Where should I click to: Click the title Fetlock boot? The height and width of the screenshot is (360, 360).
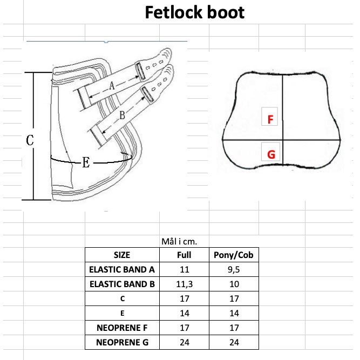click(x=195, y=12)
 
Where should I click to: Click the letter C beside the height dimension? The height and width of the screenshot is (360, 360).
click(x=30, y=140)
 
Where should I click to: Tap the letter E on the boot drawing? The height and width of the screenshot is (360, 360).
click(x=86, y=162)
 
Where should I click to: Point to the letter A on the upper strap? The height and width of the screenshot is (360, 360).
click(x=112, y=86)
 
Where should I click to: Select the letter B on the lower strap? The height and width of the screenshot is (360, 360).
click(x=122, y=115)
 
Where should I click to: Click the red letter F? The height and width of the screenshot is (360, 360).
click(x=270, y=119)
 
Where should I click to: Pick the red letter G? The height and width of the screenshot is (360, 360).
click(x=271, y=154)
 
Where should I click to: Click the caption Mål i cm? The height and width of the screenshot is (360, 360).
click(x=179, y=242)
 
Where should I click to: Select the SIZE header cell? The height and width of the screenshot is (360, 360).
click(x=122, y=255)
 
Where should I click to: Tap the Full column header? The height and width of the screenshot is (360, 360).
click(x=184, y=255)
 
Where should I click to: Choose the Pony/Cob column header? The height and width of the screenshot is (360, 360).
click(x=234, y=255)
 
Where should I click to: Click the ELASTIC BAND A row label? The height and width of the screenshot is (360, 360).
click(x=122, y=269)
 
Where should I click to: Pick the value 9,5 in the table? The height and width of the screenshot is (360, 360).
click(x=234, y=270)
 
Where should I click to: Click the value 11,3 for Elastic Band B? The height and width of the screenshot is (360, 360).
click(x=185, y=284)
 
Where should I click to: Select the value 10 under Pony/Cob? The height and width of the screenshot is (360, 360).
click(x=234, y=284)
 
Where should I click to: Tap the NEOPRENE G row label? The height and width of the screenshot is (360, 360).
click(x=123, y=342)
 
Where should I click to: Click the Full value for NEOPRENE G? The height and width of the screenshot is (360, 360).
click(x=185, y=342)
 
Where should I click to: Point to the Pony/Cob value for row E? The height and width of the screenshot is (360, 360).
click(x=234, y=313)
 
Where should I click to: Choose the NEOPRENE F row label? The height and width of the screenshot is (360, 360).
click(x=122, y=328)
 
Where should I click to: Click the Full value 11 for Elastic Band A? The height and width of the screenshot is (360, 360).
click(x=185, y=269)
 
